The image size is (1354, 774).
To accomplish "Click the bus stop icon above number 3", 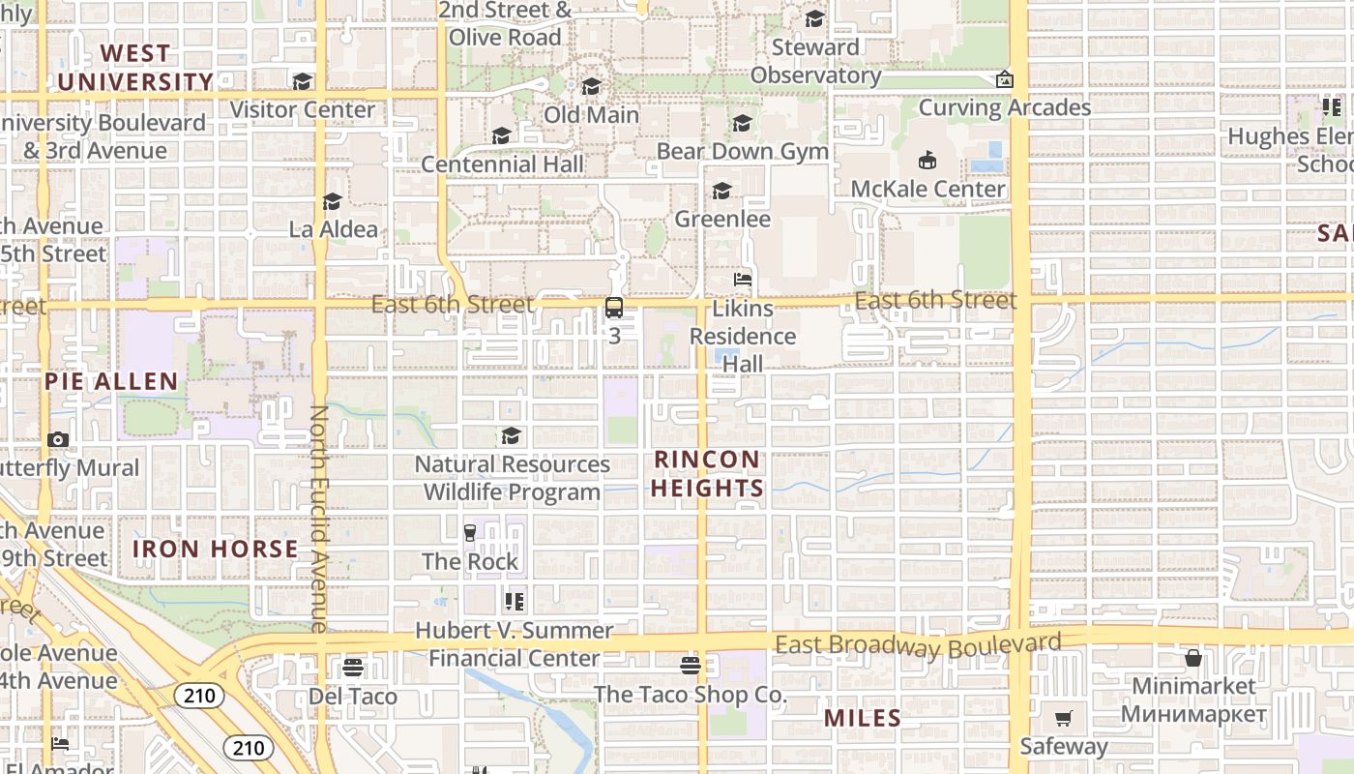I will click(614, 308).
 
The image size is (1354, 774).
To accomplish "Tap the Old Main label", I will click(591, 115).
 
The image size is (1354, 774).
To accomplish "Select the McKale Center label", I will click(927, 189).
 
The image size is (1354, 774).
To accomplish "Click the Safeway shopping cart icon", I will click(1063, 718).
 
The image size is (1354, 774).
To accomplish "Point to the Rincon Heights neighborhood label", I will click(707, 474).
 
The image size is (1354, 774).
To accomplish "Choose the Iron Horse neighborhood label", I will click(215, 550).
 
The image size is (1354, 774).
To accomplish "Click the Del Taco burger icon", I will click(352, 668).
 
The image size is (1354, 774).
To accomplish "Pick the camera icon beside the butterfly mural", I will click(58, 439).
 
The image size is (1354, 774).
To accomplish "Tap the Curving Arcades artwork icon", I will click(1005, 79).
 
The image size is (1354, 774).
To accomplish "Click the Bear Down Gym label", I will click(742, 152).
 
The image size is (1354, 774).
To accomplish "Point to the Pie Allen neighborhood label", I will click(111, 381).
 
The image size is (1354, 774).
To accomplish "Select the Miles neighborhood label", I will click(863, 719).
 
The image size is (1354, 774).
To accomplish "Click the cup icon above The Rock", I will click(470, 532).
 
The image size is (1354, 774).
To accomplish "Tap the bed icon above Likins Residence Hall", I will click(742, 280).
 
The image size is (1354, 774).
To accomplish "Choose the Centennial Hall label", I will click(502, 164).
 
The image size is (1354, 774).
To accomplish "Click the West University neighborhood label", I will click(134, 68).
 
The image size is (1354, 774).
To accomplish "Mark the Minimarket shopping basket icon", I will click(1193, 658).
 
